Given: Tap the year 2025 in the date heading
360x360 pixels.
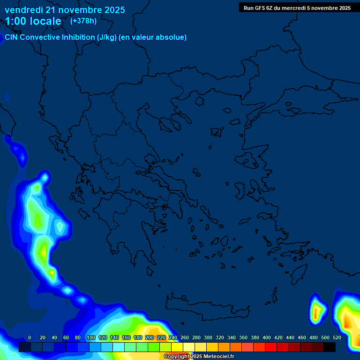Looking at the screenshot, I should [x=112, y=10].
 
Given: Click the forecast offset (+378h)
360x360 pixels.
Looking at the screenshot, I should [x=83, y=21].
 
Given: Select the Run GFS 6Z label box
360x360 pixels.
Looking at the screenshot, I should [x=297, y=7].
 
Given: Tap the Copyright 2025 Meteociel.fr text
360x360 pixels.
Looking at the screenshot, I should [x=199, y=357].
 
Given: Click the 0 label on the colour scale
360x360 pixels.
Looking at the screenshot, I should [x=30, y=338].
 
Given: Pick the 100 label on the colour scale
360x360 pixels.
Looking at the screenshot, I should [x=91, y=338].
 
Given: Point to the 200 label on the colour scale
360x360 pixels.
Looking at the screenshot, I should [x=150, y=338].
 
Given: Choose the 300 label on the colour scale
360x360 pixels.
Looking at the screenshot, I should [x=208, y=338].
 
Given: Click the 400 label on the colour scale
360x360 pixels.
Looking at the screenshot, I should [x=267, y=338].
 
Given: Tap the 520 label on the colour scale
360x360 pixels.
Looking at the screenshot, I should [x=337, y=338].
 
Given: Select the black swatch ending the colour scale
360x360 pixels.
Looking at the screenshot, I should [x=330, y=347].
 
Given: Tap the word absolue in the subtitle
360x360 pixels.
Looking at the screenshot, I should [x=172, y=37].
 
